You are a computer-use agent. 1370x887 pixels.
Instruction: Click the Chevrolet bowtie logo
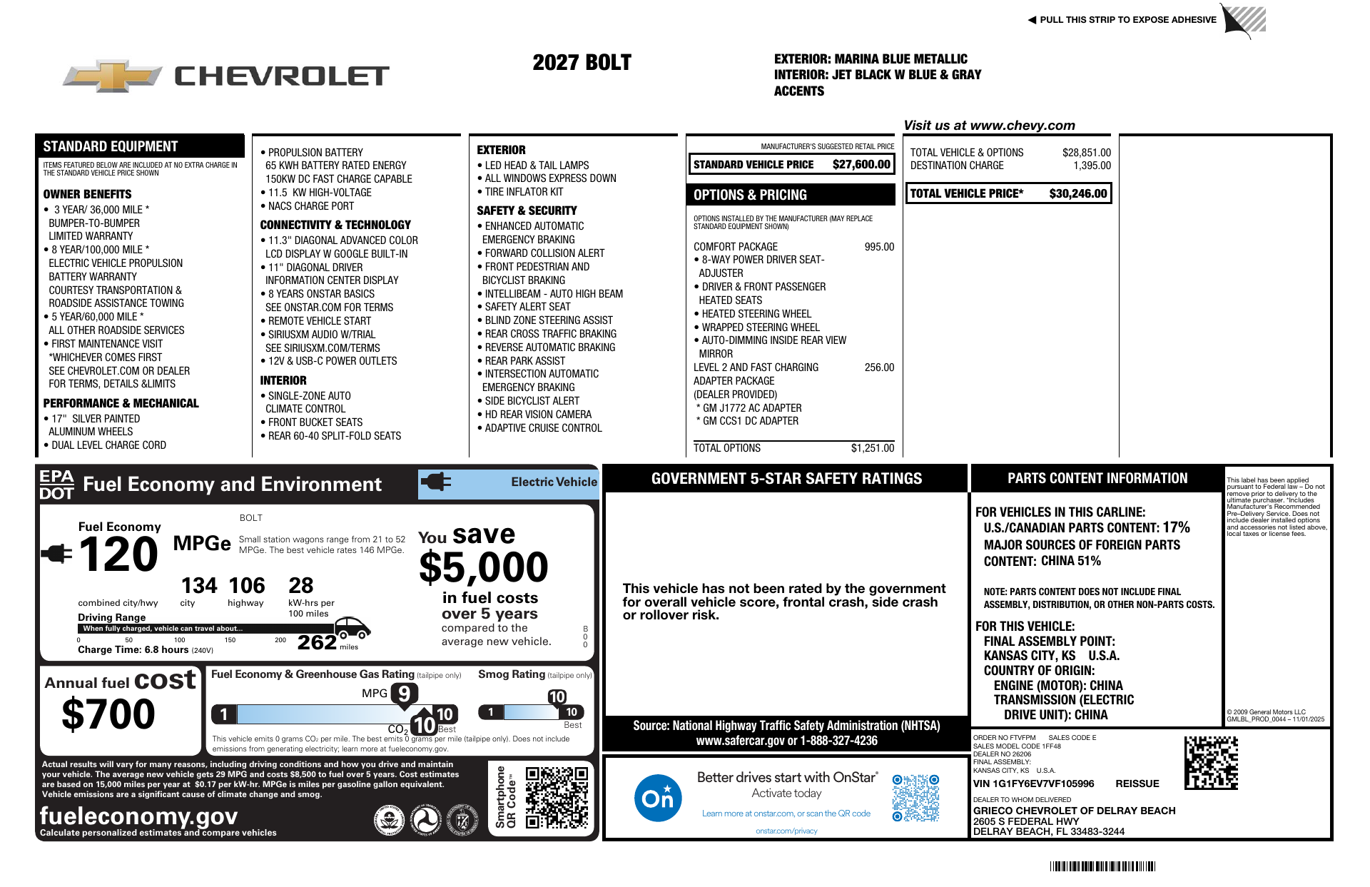[x=113, y=76]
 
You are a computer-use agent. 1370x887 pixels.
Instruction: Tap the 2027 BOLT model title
[x=582, y=63]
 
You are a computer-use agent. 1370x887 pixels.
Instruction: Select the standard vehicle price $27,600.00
[x=861, y=165]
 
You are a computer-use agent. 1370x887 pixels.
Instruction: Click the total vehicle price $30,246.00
[x=1077, y=193]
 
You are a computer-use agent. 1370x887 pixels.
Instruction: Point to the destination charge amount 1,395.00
[x=1092, y=166]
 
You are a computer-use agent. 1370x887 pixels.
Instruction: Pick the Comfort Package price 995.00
[x=879, y=247]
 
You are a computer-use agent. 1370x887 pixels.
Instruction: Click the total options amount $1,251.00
[x=872, y=448]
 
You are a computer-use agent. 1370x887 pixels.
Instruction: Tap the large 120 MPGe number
[x=118, y=554]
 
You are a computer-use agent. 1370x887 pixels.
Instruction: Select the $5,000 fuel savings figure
[x=483, y=568]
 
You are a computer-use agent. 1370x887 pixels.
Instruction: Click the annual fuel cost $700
[x=108, y=714]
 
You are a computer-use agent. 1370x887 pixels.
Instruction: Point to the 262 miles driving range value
[x=317, y=642]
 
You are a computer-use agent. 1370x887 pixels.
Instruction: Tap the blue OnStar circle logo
[x=657, y=797]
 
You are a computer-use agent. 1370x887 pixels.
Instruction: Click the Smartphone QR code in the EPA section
[x=557, y=797]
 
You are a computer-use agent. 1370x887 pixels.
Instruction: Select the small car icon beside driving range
[x=352, y=627]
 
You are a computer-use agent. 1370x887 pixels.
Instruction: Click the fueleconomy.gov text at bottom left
[x=138, y=816]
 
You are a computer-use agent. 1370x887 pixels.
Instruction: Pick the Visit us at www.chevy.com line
[x=989, y=126]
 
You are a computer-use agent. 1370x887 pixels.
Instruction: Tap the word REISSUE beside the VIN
[x=1137, y=784]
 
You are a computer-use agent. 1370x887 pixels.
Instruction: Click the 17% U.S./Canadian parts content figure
[x=1176, y=527]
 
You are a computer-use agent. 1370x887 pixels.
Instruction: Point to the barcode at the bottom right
[x=1102, y=866]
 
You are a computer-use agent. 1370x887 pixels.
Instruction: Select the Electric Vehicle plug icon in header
[x=435, y=482]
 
